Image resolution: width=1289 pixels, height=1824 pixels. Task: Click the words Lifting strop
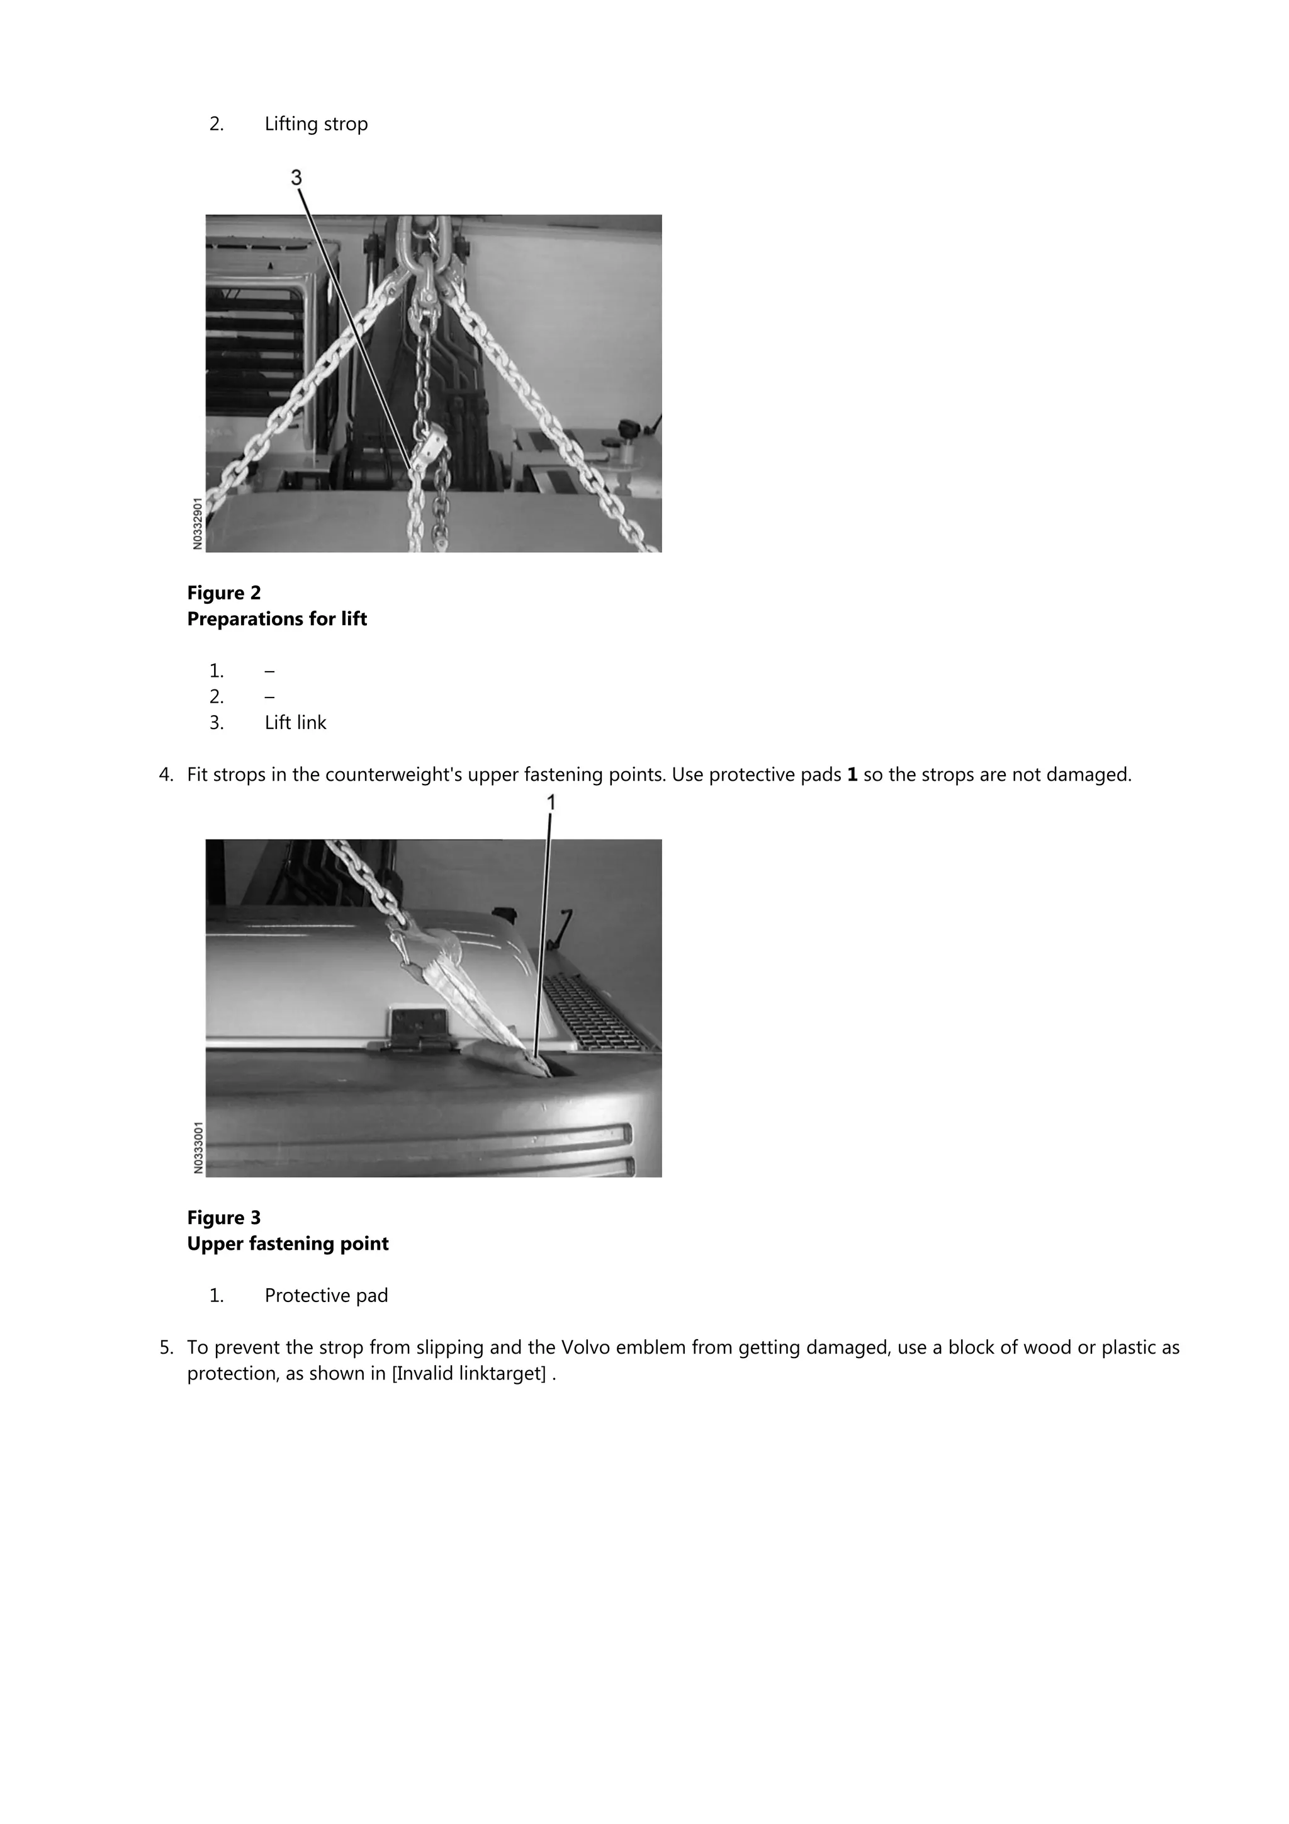pyautogui.click(x=316, y=124)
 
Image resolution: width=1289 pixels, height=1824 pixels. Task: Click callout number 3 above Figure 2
pyautogui.click(x=296, y=177)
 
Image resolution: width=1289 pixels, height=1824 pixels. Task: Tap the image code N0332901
pyautogui.click(x=198, y=523)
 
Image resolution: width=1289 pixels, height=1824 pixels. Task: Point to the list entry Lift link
pyautogui.click(x=295, y=722)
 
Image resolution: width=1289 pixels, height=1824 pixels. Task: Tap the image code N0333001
pyautogui.click(x=198, y=1147)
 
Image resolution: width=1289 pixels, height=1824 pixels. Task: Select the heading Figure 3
pyautogui.click(x=224, y=1217)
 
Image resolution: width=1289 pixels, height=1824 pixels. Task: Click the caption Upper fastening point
pyautogui.click(x=288, y=1243)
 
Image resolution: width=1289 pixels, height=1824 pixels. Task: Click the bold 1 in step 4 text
pyautogui.click(x=852, y=774)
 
